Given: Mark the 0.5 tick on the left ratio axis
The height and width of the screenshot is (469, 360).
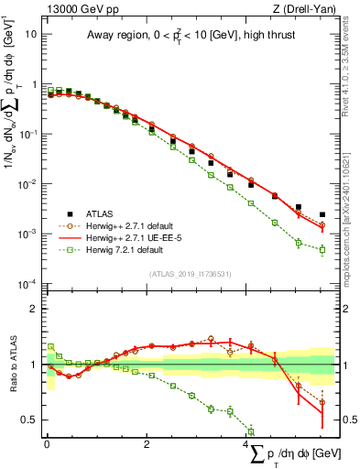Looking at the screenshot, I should tap(31, 420).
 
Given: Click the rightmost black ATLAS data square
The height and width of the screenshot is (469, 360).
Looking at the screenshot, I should tap(322, 215).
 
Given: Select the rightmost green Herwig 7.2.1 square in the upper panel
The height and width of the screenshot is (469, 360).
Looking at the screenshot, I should tap(322, 249).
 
